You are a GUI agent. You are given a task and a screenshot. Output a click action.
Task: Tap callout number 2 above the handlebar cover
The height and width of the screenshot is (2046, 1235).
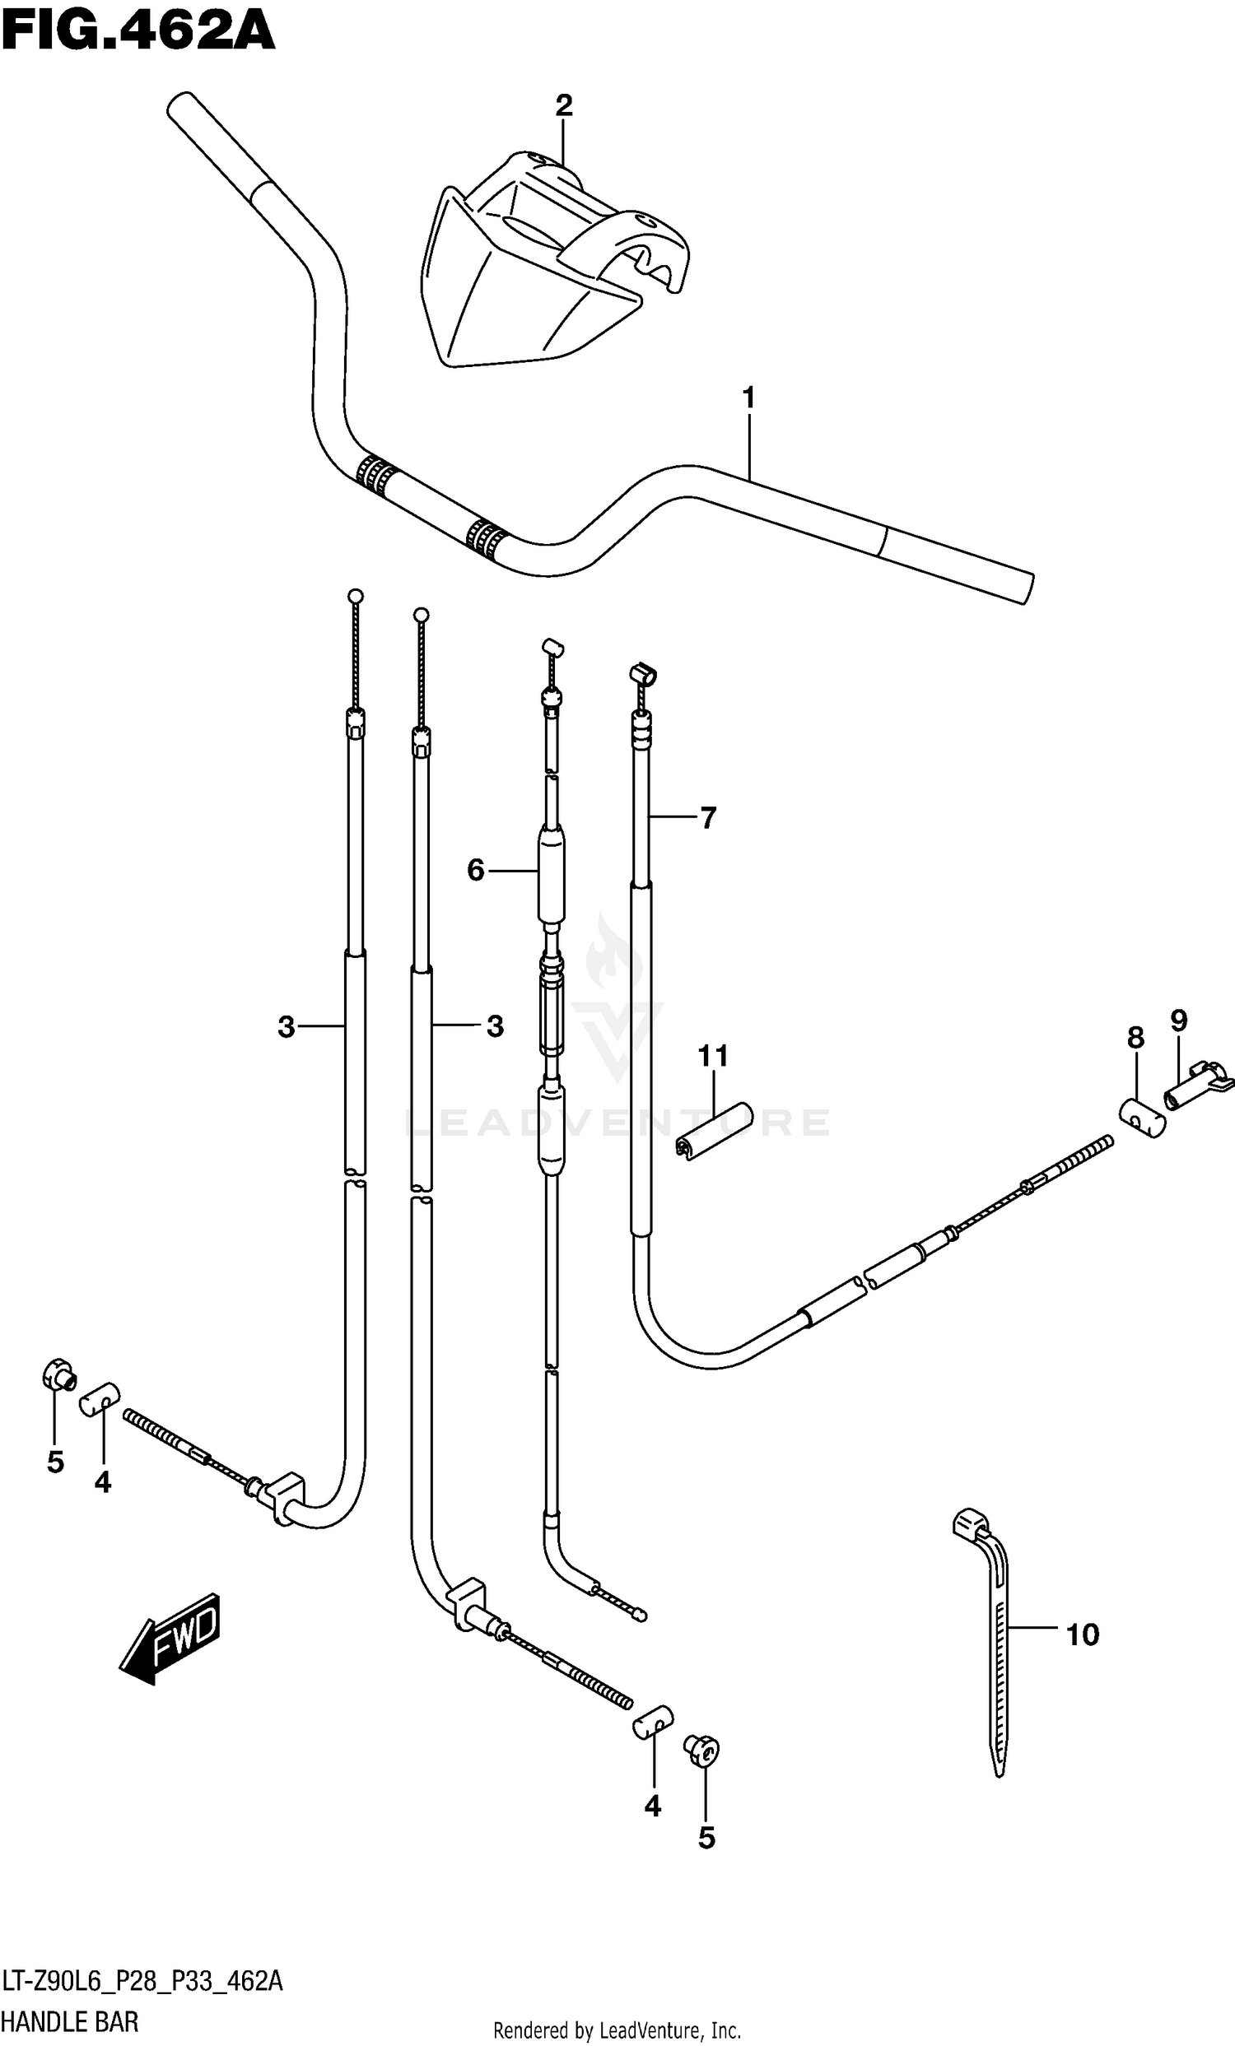(564, 106)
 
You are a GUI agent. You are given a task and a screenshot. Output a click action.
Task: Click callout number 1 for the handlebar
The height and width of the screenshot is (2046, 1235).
(748, 399)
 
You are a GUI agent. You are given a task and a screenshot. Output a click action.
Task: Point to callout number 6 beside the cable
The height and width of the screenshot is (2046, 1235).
(475, 870)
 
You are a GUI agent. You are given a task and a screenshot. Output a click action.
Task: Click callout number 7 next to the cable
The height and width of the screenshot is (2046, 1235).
(707, 819)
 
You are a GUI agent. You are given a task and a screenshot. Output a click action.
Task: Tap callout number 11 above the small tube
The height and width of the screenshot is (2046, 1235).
(714, 1056)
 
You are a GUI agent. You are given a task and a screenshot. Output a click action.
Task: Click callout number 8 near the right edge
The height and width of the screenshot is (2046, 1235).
(1135, 1038)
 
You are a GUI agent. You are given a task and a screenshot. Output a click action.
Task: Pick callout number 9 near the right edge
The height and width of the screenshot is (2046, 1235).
(1179, 1021)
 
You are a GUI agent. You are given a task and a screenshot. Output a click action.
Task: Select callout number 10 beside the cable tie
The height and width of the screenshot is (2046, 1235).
(1082, 1635)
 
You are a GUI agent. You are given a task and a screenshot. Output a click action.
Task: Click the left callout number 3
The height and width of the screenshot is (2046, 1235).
(286, 1028)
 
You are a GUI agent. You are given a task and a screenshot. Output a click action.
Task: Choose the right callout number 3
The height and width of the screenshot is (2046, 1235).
(495, 1027)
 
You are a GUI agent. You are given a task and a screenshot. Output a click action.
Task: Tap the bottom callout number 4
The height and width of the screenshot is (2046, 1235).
(653, 1806)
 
